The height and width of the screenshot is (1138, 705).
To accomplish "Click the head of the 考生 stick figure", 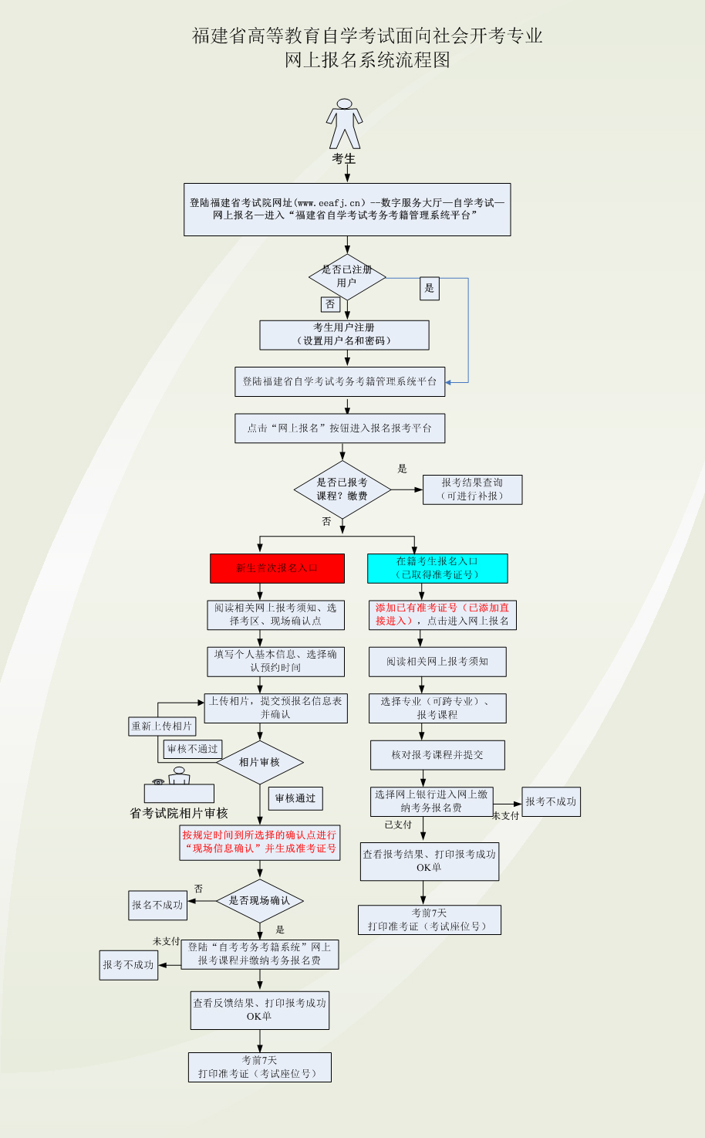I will pos(344,103).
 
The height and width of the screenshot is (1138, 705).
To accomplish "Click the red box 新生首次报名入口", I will pos(276,568).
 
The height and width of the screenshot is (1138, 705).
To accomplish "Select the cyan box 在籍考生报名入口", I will pos(437,568).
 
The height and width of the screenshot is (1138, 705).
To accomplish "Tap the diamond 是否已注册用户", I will pos(347,276).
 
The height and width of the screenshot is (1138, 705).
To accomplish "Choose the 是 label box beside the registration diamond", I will pos(430,289).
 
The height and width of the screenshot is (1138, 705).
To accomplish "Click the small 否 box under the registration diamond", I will pos(330,304).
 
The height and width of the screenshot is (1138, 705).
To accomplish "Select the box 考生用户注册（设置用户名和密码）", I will pos(344,334).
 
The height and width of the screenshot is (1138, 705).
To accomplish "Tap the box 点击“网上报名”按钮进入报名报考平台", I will pos(339,428).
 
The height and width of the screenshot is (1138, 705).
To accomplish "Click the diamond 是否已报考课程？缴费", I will pos(342,489).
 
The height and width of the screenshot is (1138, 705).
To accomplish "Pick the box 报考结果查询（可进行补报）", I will pos(472,489).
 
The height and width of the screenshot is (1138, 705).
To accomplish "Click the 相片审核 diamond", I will pos(259,763).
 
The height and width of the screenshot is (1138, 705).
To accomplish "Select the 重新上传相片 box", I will pos(162,726).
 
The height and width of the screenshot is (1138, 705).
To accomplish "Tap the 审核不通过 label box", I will pos(193,749).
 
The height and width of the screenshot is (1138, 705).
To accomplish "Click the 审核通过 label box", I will pos(295,798).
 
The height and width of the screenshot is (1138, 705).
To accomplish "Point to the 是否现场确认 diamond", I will pos(259,901).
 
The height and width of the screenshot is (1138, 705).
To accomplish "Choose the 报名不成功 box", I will pos(157,905).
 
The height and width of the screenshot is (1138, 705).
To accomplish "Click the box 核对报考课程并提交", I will pos(437,755).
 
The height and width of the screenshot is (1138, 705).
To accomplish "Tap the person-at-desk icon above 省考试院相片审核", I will pos(178,784).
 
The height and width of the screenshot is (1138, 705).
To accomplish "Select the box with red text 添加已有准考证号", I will pos(442,615).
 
